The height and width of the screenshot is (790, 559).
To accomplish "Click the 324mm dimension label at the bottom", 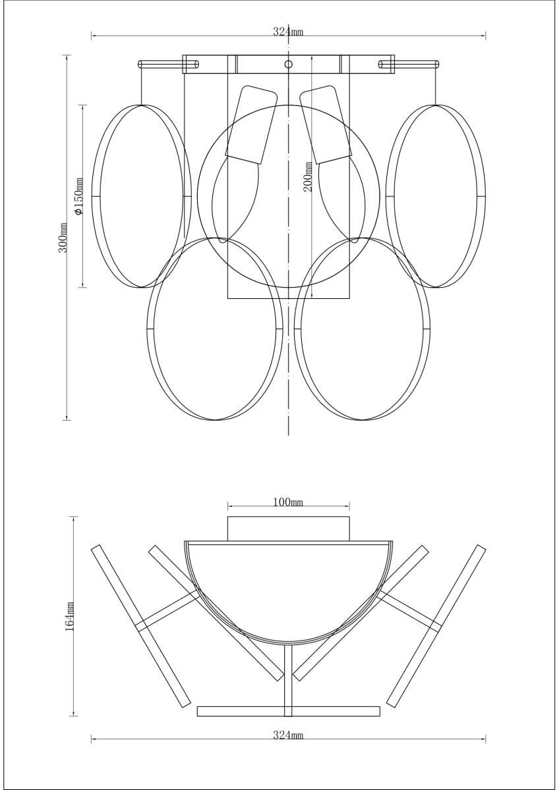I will [x=288, y=735].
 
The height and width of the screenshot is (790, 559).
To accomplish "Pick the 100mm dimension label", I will [x=288, y=503].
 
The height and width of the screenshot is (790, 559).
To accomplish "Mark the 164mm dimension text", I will [x=70, y=616].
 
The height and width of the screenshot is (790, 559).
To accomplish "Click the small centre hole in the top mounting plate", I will [x=288, y=64].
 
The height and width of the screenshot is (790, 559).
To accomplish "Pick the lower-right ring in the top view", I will [x=428, y=329].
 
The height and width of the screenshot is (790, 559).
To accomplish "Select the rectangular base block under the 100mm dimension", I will [x=288, y=529].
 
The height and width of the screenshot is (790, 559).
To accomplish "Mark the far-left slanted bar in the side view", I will [x=140, y=625].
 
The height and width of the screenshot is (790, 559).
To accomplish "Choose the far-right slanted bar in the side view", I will [x=436, y=625].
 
